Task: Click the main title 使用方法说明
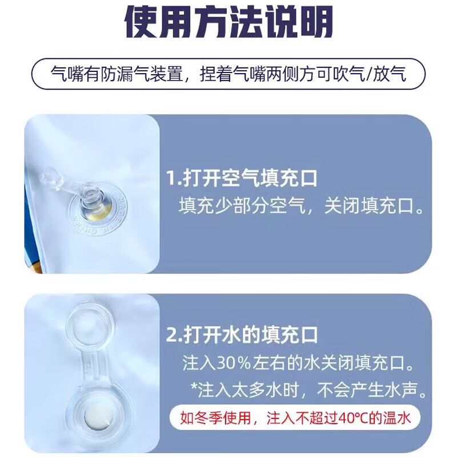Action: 228,24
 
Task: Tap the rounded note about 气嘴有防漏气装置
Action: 228,74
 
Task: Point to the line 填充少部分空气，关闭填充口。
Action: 303,206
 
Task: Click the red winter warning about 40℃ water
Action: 296,419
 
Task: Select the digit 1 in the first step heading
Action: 170,179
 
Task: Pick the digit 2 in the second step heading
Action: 171,334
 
